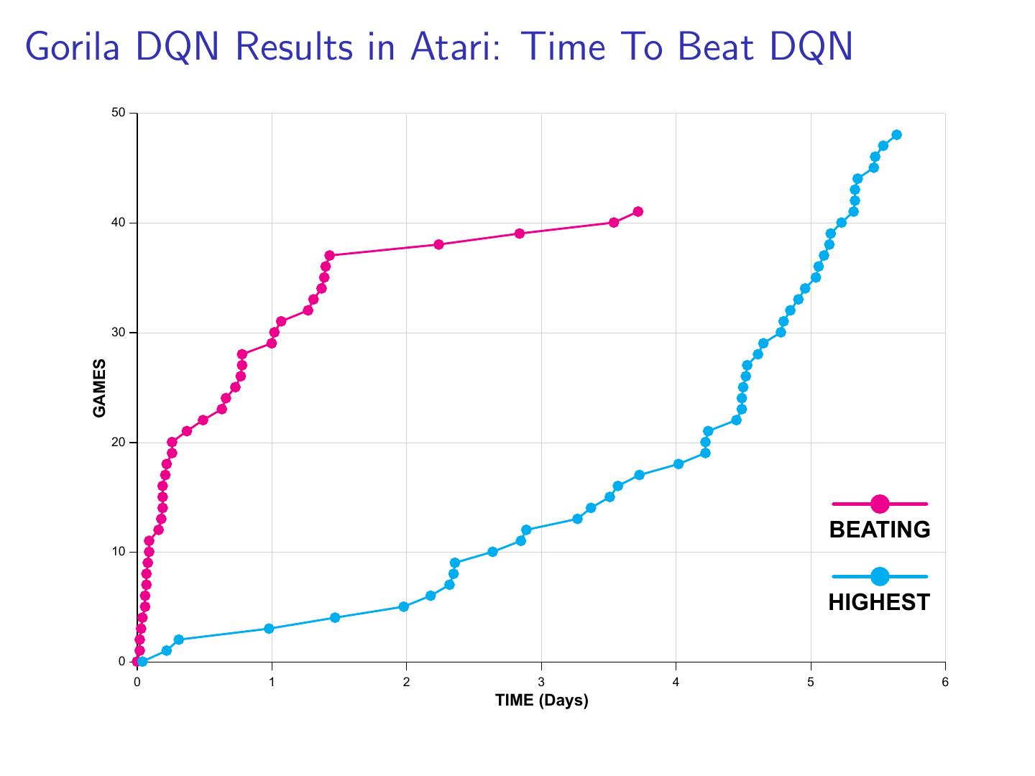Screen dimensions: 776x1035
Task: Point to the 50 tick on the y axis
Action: click(x=119, y=113)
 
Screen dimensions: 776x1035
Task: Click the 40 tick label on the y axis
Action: click(x=119, y=223)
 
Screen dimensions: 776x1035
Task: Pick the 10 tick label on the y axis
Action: click(x=119, y=552)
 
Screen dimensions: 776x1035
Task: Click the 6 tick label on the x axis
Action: click(x=945, y=682)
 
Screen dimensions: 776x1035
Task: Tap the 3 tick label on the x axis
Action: click(x=541, y=682)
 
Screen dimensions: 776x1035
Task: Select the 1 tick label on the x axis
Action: click(x=272, y=682)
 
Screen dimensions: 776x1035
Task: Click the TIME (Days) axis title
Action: click(x=541, y=701)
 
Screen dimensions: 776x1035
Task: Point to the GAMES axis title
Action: click(x=100, y=388)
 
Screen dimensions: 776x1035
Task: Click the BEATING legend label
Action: click(x=880, y=530)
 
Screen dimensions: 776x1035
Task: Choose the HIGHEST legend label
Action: click(x=879, y=602)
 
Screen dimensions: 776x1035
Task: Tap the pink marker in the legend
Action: click(x=880, y=504)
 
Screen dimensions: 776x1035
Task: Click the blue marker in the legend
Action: click(x=880, y=576)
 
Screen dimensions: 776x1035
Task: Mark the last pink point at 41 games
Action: click(x=638, y=211)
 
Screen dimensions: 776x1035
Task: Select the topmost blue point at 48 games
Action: click(x=896, y=135)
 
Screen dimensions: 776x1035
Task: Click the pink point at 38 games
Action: click(x=438, y=244)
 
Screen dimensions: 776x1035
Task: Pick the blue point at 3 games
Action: click(x=269, y=629)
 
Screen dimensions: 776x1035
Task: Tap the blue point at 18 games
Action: click(x=678, y=464)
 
